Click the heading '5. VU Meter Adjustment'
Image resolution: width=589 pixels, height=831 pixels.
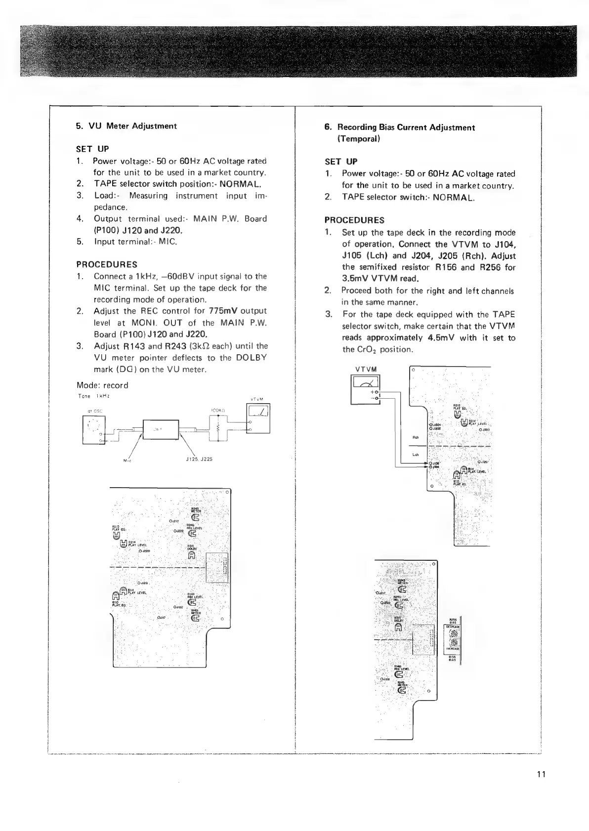pos(126,126)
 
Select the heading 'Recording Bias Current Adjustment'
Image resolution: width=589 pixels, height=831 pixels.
pos(399,127)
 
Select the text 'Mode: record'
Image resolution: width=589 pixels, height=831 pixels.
pos(102,385)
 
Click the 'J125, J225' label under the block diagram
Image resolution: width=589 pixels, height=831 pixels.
pos(199,459)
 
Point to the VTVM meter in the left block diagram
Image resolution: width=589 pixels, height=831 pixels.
pos(258,418)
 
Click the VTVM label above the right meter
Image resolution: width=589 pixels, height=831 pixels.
pos(366,370)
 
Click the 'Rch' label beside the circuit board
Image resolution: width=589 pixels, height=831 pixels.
pos(416,437)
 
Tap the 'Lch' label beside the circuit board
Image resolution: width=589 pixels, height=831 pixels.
pos(416,455)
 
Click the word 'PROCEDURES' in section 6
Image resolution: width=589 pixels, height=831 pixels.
pos(354,220)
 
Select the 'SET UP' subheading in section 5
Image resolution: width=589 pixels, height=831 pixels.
pos(92,149)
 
